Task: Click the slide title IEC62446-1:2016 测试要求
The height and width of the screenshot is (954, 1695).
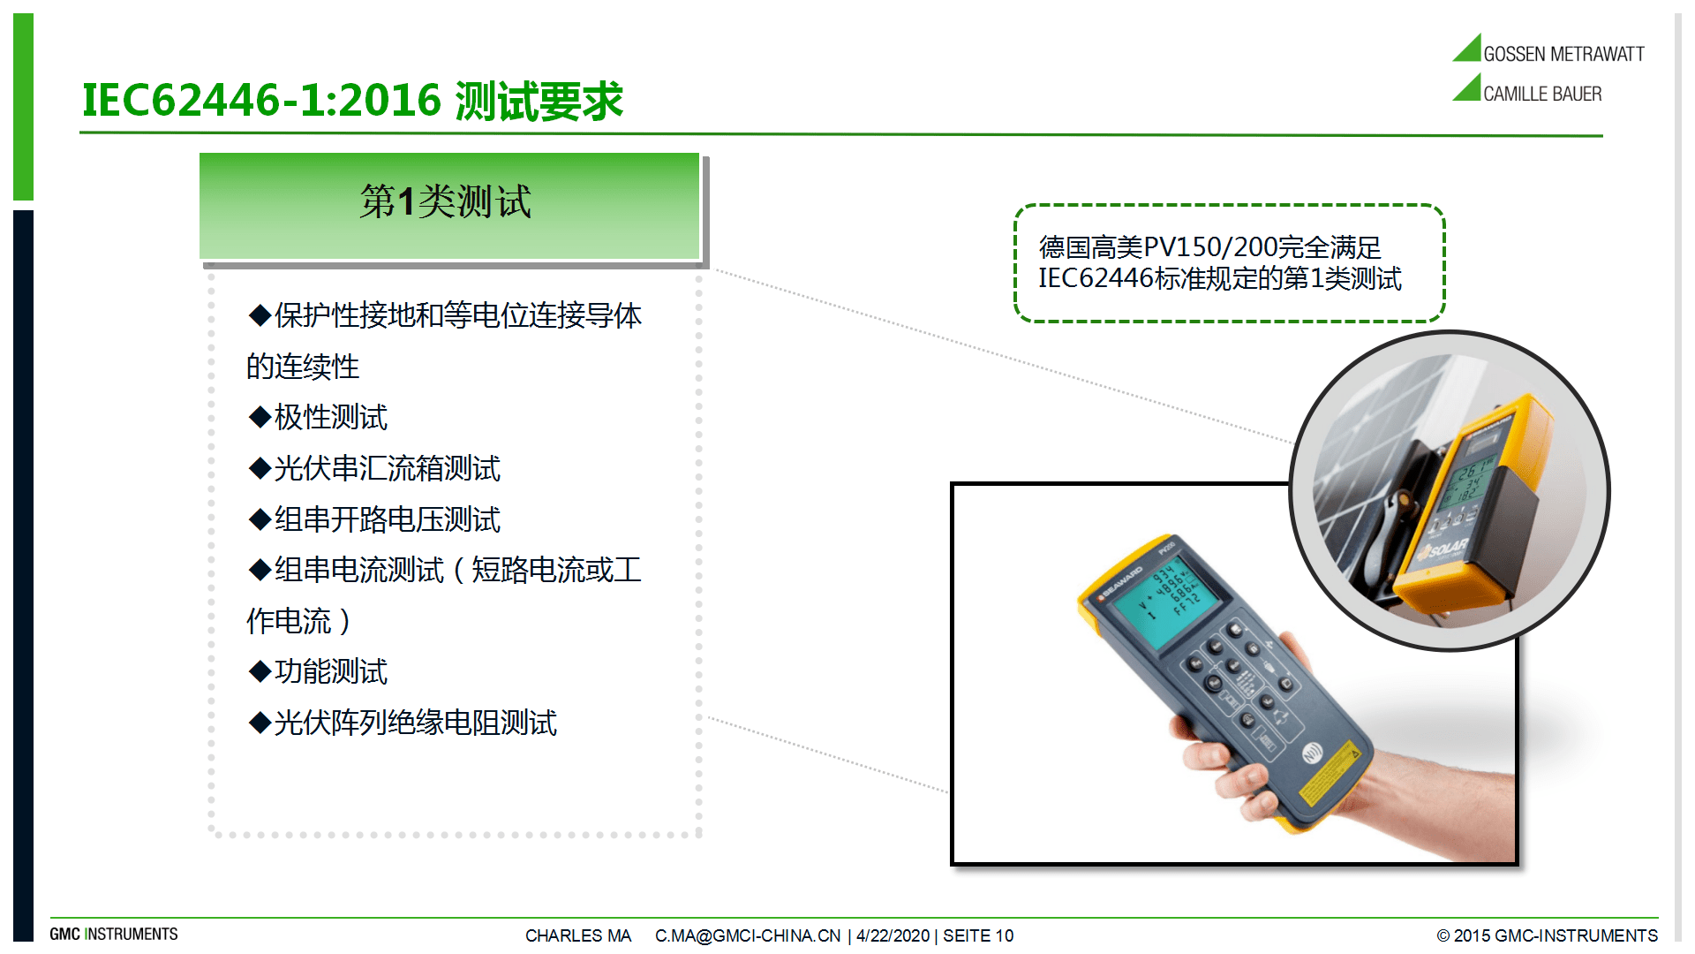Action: coord(352,101)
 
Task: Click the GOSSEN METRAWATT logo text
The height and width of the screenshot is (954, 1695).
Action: coord(1563,54)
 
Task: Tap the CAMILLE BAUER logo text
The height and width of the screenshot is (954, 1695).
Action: coord(1541,94)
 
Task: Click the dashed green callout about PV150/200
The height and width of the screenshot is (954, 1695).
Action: coord(1229,263)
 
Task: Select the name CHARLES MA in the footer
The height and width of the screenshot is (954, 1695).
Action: coord(578,935)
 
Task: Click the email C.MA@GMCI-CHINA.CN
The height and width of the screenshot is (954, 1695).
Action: coord(747,935)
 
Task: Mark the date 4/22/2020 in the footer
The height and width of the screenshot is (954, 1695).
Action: coord(893,935)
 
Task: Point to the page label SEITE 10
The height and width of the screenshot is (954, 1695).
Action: coord(978,935)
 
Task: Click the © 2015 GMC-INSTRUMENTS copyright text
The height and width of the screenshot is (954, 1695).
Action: coord(1547,935)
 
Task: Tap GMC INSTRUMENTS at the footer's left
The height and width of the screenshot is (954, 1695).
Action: coord(114,935)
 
